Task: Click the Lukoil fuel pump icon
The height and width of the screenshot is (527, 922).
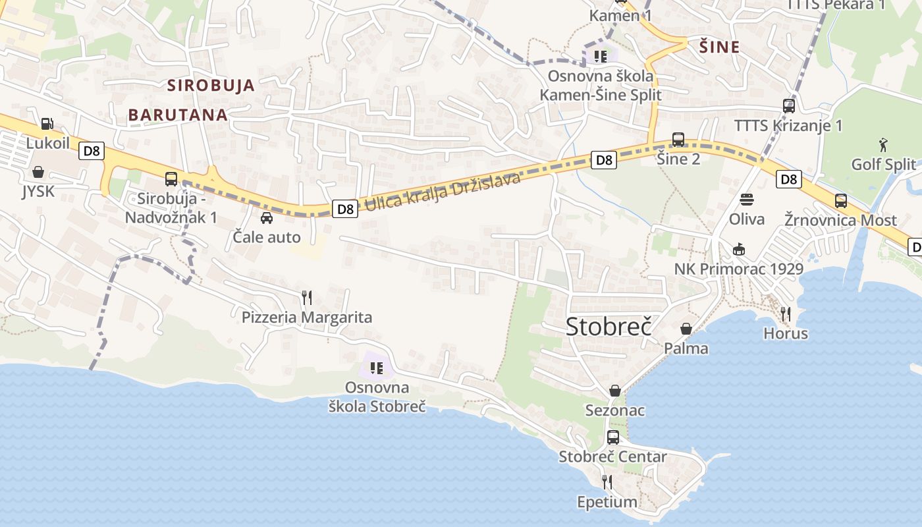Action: (x=47, y=123)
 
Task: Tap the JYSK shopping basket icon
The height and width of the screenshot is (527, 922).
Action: (x=38, y=172)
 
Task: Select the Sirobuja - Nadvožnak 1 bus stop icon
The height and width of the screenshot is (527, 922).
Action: (x=171, y=179)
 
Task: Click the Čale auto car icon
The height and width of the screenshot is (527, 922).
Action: (x=267, y=217)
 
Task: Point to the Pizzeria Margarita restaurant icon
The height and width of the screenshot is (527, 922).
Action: (x=306, y=297)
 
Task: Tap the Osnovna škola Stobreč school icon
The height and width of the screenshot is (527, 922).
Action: (x=377, y=368)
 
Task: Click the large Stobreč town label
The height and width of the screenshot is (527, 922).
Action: (x=609, y=327)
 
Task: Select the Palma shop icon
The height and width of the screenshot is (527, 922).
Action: (x=686, y=328)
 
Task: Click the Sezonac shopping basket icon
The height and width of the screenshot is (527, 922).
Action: (x=615, y=391)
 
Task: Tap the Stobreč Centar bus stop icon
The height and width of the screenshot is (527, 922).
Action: (x=613, y=437)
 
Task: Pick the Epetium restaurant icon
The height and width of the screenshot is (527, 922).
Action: (x=607, y=482)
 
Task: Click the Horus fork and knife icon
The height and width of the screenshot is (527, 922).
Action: (x=785, y=314)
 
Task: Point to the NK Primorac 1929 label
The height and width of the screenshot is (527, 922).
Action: (x=738, y=269)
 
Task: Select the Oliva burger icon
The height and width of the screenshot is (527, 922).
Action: (x=747, y=199)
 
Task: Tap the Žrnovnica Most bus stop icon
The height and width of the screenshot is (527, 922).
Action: (x=841, y=201)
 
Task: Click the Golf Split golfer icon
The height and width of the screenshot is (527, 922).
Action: (x=883, y=144)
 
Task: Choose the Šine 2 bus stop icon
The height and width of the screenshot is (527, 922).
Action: (x=678, y=140)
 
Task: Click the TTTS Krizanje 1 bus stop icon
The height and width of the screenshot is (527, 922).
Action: (x=788, y=105)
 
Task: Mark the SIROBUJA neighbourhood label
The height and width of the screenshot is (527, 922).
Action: (x=211, y=85)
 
